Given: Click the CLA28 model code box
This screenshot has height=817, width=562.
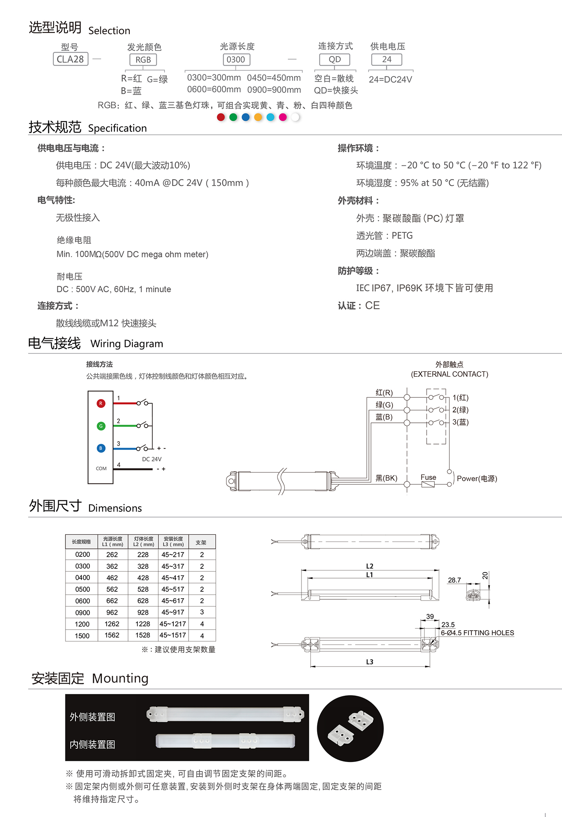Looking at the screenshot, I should (x=70, y=59).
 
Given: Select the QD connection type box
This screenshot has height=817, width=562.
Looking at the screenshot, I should (x=334, y=59).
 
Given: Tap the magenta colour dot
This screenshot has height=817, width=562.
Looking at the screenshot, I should (x=283, y=117).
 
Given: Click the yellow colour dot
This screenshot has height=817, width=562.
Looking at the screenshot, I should (x=258, y=117).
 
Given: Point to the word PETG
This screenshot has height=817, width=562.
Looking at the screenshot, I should (x=402, y=236).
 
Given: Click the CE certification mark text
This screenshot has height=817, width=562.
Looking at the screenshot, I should (x=372, y=306).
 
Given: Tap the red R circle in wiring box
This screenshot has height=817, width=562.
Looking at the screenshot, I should (x=101, y=403).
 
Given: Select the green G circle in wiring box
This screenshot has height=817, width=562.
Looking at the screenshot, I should (x=101, y=426).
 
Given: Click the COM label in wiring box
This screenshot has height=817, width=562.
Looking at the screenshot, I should (x=101, y=469).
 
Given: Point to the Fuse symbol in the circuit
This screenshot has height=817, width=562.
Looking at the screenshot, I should (x=428, y=484).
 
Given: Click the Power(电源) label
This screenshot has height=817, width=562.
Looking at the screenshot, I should (x=477, y=479).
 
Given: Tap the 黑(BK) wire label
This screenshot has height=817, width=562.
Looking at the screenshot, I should (x=386, y=478).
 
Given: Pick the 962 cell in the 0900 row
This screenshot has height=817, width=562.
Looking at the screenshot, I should (x=112, y=613).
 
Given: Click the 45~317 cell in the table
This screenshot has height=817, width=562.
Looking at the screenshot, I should (x=173, y=566).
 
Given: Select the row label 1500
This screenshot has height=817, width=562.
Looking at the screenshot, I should (x=82, y=636).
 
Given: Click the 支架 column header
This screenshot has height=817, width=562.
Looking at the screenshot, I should (x=201, y=542).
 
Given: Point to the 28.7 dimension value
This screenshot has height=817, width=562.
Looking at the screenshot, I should (x=454, y=580).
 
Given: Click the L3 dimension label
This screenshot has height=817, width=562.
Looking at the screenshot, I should (x=370, y=662).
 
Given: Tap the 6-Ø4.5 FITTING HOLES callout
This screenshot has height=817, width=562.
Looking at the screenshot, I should (x=477, y=633).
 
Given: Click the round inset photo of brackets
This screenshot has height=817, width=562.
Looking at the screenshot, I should (x=350, y=728).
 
